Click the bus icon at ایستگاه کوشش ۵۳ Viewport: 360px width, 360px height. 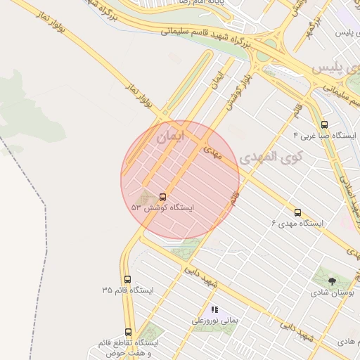click(163, 197)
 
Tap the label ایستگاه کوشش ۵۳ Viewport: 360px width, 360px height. click(162, 208)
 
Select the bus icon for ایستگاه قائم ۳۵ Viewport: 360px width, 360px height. click(127, 279)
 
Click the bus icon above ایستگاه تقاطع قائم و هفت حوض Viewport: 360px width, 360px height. click(128, 332)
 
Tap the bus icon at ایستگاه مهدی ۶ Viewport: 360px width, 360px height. click(297, 212)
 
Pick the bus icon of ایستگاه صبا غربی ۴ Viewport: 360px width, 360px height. click(324, 124)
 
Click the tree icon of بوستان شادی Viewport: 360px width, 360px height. click(332, 281)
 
